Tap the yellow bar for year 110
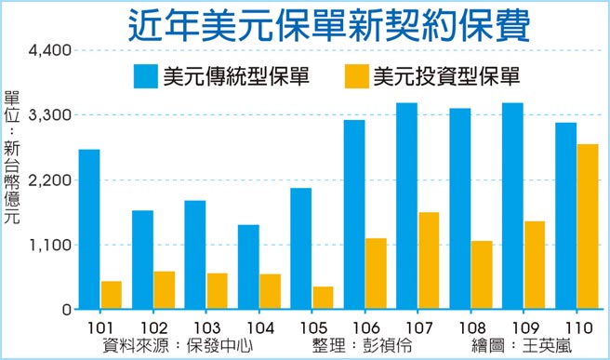coord(587,227)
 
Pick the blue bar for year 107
coord(406,206)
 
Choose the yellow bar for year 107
coord(429,260)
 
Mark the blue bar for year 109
coord(512,206)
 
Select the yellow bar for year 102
coord(165,290)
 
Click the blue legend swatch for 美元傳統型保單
coord(146,75)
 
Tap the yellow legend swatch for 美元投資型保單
coord(356,75)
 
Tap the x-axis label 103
coord(206,328)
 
